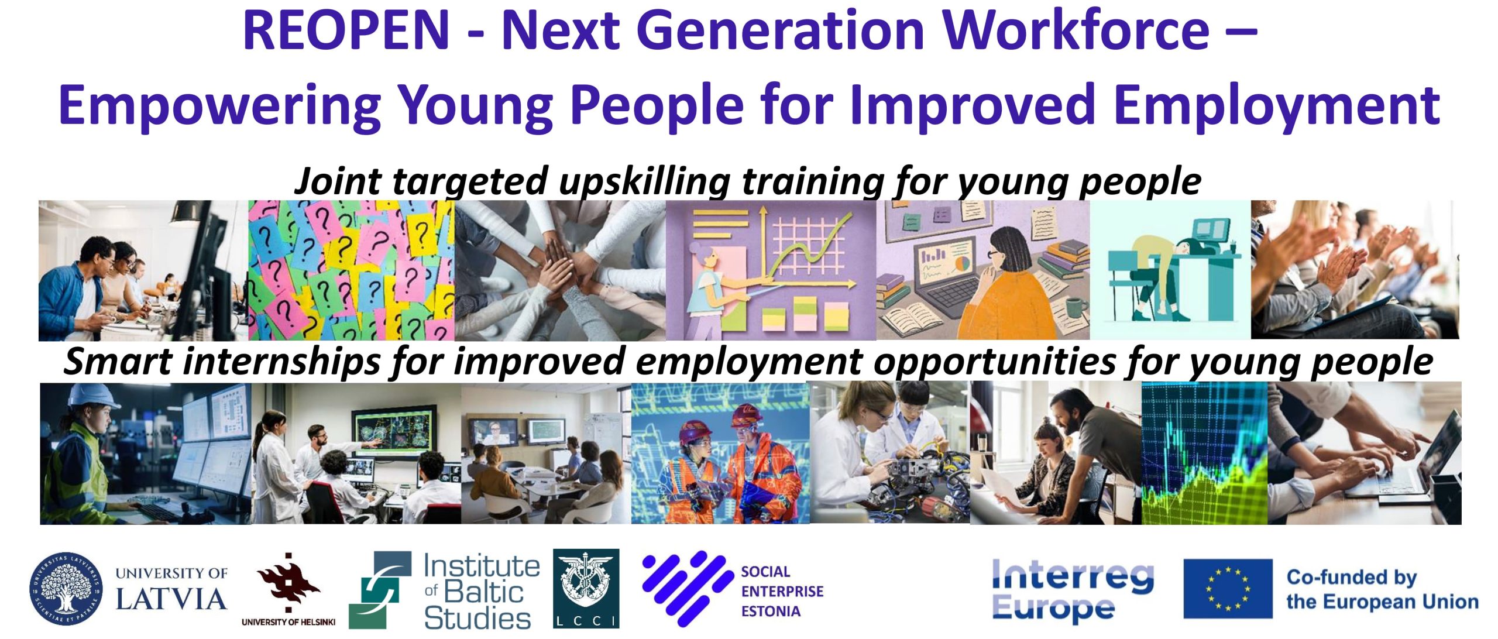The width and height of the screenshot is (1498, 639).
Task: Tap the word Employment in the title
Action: [x=1277, y=105]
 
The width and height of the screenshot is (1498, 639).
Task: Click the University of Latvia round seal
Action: [x=66, y=588]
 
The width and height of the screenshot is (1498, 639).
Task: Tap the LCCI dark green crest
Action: [x=586, y=588]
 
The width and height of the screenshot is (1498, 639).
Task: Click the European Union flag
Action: [x=1228, y=588]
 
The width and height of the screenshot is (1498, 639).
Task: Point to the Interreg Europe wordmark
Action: [x=1073, y=589]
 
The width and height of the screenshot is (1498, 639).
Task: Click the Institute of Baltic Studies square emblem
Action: [x=380, y=590]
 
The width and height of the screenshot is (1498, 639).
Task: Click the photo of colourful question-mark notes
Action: [x=351, y=270]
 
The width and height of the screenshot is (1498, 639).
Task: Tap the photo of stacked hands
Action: [x=560, y=270]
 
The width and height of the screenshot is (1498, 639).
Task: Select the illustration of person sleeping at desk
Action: [x=1170, y=270]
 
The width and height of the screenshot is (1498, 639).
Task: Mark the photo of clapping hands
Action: [x=1355, y=270]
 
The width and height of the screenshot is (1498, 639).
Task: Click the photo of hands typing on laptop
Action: [x=1364, y=453]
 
